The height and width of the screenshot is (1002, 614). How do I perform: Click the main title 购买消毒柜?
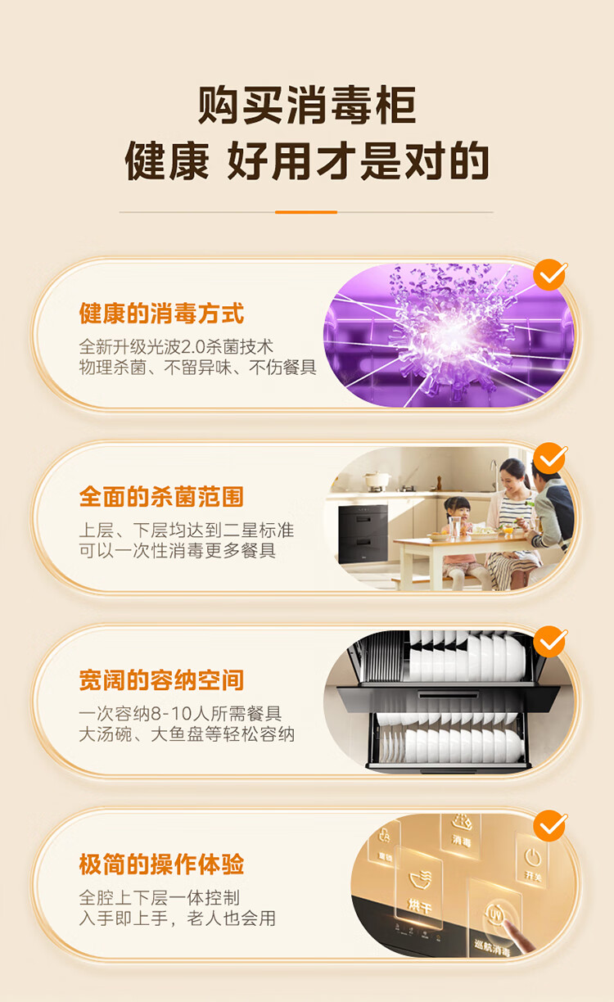tap(307, 105)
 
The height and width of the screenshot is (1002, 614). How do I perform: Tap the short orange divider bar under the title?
tap(306, 212)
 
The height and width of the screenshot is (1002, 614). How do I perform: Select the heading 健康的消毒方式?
tap(161, 313)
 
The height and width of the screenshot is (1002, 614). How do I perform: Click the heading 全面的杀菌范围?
tap(161, 497)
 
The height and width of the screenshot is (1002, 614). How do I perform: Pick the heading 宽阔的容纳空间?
tap(161, 680)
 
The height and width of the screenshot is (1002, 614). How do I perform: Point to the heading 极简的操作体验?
tap(161, 864)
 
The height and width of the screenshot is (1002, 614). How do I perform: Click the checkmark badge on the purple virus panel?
tap(550, 275)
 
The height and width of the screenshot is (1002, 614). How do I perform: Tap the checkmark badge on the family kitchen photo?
tap(550, 458)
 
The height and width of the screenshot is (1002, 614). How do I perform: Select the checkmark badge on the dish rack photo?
tap(550, 642)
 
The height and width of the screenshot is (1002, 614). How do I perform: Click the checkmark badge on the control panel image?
tap(550, 826)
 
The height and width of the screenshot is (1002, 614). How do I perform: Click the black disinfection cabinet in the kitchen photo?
tap(363, 534)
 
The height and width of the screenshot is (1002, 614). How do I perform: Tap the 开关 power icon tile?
tap(532, 860)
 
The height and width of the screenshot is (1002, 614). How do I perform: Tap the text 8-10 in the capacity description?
tap(169, 714)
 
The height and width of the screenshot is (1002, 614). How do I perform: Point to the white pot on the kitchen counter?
tap(377, 480)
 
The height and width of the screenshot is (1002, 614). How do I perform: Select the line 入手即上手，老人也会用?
tap(177, 918)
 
